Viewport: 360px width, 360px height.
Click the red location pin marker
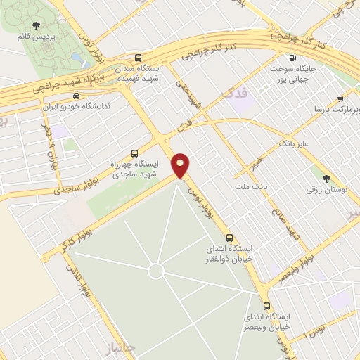(x=181, y=165)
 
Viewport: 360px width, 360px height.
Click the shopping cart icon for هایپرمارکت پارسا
(x=340, y=99)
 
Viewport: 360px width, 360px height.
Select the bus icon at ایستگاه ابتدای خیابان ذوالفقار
(x=230, y=237)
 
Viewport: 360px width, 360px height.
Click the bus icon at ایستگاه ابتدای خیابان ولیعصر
(x=266, y=306)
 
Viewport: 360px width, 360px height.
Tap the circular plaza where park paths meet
(x=156, y=271)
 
